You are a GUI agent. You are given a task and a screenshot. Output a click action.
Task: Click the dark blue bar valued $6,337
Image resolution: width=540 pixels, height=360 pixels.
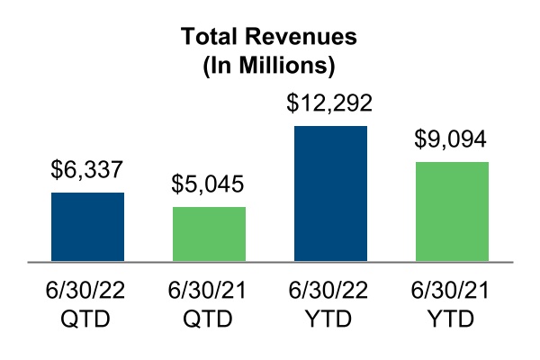click(x=87, y=227)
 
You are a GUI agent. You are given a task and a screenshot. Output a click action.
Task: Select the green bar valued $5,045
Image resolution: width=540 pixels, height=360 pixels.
click(x=209, y=234)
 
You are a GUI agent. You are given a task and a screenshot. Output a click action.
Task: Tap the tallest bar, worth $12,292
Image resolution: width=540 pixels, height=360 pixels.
click(x=330, y=193)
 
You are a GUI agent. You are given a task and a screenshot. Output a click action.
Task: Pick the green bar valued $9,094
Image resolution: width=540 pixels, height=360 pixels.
click(x=452, y=211)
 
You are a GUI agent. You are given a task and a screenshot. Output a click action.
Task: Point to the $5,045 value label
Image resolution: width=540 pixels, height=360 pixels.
click(x=209, y=186)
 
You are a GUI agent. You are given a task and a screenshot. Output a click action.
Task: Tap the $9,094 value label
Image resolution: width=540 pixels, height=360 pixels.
click(x=452, y=141)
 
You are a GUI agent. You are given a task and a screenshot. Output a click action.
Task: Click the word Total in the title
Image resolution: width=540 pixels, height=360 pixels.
click(x=212, y=38)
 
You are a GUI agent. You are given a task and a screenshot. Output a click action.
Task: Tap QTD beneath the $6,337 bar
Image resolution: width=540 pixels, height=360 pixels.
click(x=87, y=319)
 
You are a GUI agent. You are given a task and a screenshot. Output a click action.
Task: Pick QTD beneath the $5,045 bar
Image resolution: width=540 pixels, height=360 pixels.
click(x=209, y=319)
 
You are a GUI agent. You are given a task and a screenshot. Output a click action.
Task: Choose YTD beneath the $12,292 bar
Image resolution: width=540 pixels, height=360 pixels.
click(x=330, y=319)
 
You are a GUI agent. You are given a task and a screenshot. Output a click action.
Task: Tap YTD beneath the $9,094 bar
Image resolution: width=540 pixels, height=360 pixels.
click(x=452, y=319)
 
